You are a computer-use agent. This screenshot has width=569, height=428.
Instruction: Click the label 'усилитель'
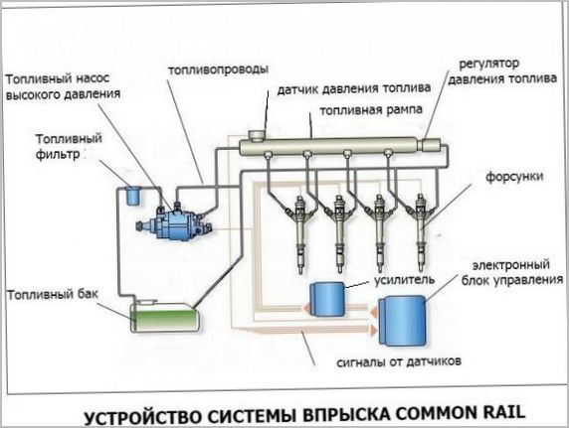tap(402, 280)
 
